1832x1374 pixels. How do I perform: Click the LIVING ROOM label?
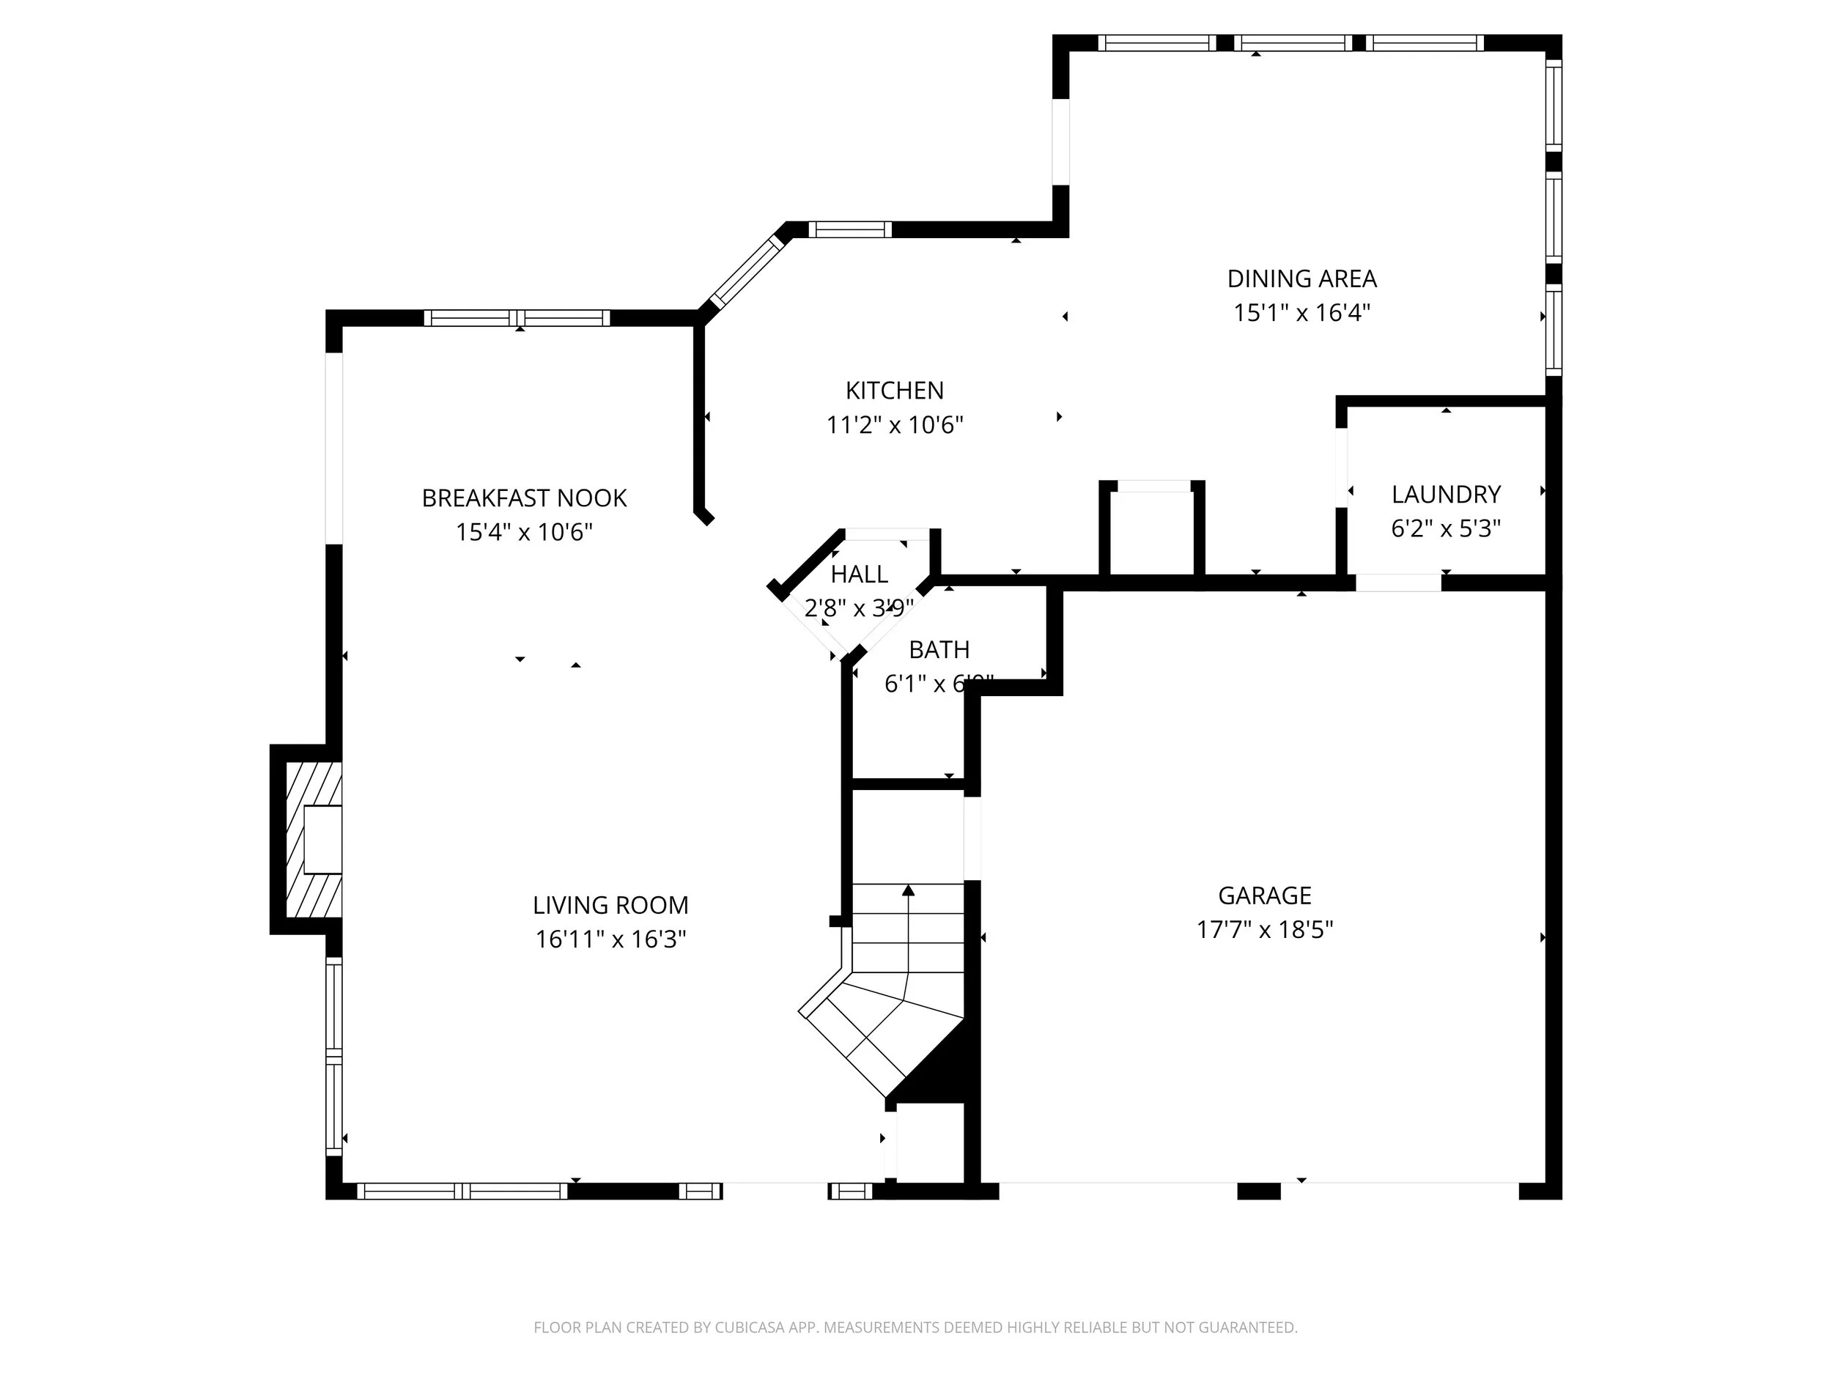610,904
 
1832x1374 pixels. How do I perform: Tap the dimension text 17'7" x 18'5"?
1264,929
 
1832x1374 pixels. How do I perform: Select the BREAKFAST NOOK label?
523,498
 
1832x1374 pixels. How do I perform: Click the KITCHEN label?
895,390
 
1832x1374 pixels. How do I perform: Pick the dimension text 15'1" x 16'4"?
1301,313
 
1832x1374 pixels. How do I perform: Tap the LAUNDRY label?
1445,495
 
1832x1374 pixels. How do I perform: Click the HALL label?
859,574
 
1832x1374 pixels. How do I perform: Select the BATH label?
939,650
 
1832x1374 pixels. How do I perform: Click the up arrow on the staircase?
909,891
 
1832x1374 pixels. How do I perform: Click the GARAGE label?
1264,895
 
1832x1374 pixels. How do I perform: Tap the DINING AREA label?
1301,278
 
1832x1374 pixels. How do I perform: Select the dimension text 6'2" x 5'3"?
1445,528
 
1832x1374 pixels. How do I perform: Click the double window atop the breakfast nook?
517,318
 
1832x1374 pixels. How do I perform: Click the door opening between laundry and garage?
1398,583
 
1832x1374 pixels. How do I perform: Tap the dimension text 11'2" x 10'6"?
895,425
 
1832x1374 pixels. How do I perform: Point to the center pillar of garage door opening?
1258,1191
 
